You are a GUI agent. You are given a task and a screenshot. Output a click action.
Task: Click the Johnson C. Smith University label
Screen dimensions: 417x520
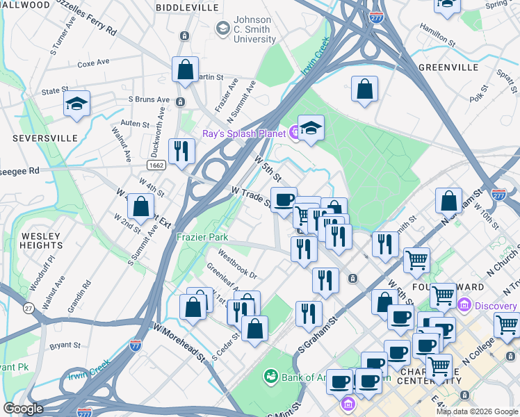tap(254, 30)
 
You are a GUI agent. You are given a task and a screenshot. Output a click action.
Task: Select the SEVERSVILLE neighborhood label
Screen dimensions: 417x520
tap(45, 138)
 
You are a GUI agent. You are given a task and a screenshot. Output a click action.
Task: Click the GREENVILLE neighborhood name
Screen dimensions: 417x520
tap(448, 68)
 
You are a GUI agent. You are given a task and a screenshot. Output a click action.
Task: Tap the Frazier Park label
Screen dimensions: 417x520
tap(202, 237)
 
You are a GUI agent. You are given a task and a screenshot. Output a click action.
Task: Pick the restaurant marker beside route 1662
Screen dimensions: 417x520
tap(181, 151)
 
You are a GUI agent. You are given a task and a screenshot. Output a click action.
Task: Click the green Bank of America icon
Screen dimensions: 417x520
tap(270, 377)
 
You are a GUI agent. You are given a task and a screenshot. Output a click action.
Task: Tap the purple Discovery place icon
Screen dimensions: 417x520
tap(464, 305)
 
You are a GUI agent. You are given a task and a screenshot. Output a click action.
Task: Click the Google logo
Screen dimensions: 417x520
tap(24, 409)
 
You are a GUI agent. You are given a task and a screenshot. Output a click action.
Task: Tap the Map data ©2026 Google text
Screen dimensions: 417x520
tap(476, 411)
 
